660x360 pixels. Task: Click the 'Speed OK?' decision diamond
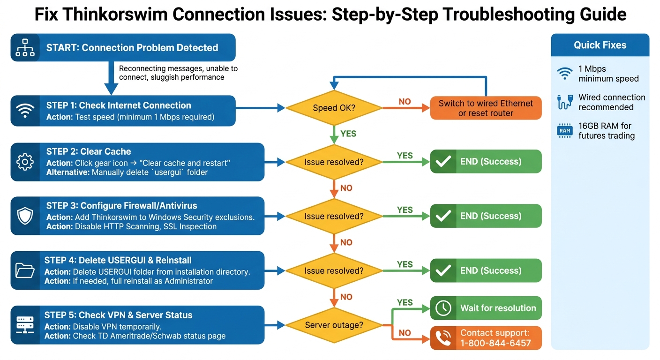[334, 108]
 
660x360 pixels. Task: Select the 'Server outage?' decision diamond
[334, 325]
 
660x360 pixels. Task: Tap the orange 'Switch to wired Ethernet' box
[486, 108]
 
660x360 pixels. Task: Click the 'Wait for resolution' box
[486, 308]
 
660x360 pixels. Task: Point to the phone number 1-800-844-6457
[495, 343]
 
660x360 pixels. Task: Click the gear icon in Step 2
[25, 162]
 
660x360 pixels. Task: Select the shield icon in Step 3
[25, 216]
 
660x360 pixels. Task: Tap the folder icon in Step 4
[25, 270]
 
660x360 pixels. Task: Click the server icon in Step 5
[25, 325]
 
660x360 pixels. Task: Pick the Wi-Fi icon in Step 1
[25, 111]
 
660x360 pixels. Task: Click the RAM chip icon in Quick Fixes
[565, 131]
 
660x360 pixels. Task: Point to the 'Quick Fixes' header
[600, 45]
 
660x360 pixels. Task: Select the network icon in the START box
[25, 47]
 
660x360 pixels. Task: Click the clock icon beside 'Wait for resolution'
[443, 308]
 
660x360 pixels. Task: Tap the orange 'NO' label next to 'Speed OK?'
[405, 102]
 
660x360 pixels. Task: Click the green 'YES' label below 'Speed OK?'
[348, 134]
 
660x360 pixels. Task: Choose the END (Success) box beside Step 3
[486, 216]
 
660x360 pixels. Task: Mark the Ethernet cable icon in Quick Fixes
[565, 102]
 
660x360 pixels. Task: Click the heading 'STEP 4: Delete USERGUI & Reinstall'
[118, 260]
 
